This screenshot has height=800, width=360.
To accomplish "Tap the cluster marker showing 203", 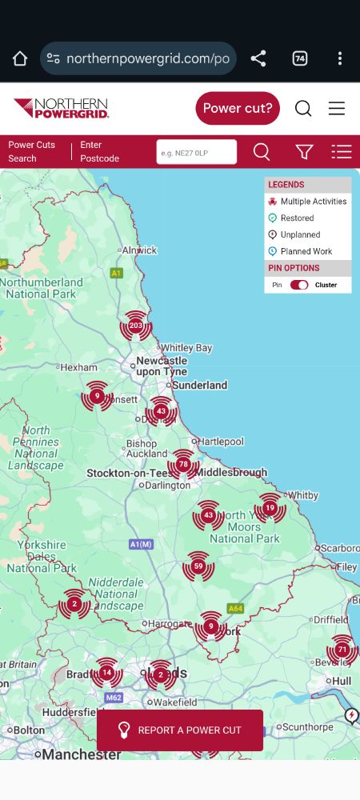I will [x=135, y=326].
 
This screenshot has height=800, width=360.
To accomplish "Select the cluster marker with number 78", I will [x=183, y=464].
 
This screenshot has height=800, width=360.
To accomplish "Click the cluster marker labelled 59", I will [x=198, y=566].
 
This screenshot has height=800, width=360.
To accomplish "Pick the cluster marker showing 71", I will [x=342, y=650].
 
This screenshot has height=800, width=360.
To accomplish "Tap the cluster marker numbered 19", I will [x=270, y=508].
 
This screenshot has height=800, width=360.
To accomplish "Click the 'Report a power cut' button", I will [x=180, y=730].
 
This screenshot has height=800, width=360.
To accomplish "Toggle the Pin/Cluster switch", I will [x=299, y=285].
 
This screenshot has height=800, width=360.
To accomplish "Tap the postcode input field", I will [x=196, y=152].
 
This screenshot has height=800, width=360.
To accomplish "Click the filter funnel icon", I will [x=304, y=152].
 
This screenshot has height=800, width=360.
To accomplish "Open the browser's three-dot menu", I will [x=340, y=58].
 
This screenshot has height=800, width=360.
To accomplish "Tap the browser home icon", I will [x=20, y=58].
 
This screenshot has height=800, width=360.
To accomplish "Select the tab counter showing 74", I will [x=300, y=58].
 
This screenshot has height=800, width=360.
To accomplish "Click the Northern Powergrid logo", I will [x=61, y=108].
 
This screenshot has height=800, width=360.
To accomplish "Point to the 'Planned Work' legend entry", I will [x=306, y=251].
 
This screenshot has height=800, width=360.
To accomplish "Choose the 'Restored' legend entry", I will [x=297, y=218].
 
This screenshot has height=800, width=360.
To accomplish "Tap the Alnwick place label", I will [x=139, y=250].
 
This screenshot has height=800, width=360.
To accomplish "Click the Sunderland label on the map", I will [x=200, y=385].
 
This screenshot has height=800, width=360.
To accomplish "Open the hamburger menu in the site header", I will [x=337, y=108].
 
